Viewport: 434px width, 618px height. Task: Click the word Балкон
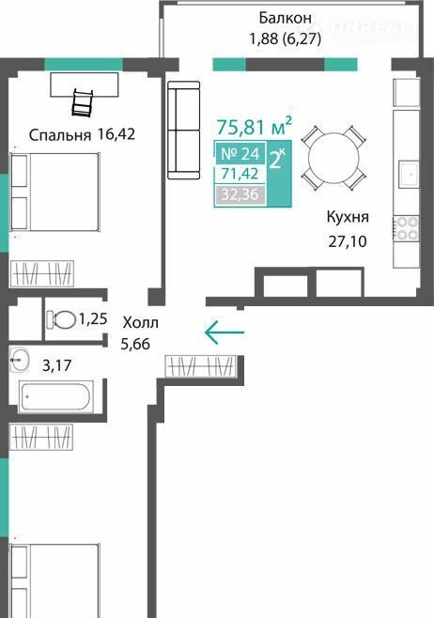[285, 18]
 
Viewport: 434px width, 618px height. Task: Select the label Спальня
[60, 135]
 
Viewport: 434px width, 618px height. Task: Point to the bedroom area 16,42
[116, 134]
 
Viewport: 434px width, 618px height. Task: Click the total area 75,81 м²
[255, 126]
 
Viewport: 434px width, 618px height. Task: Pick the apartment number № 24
[240, 153]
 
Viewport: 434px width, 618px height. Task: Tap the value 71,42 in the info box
[240, 174]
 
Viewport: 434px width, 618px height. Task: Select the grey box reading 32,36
[240, 194]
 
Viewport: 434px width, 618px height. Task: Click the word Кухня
[348, 218]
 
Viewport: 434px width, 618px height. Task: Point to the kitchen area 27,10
[348, 241]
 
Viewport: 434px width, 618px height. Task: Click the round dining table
[333, 158]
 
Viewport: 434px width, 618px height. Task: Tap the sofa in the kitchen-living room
[184, 130]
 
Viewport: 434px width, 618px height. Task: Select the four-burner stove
[406, 228]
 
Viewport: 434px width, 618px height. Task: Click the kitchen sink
[410, 174]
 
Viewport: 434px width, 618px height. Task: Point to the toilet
[61, 320]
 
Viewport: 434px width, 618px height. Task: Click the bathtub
[56, 396]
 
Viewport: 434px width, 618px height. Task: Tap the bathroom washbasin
[20, 360]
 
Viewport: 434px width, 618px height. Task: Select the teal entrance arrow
[225, 332]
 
